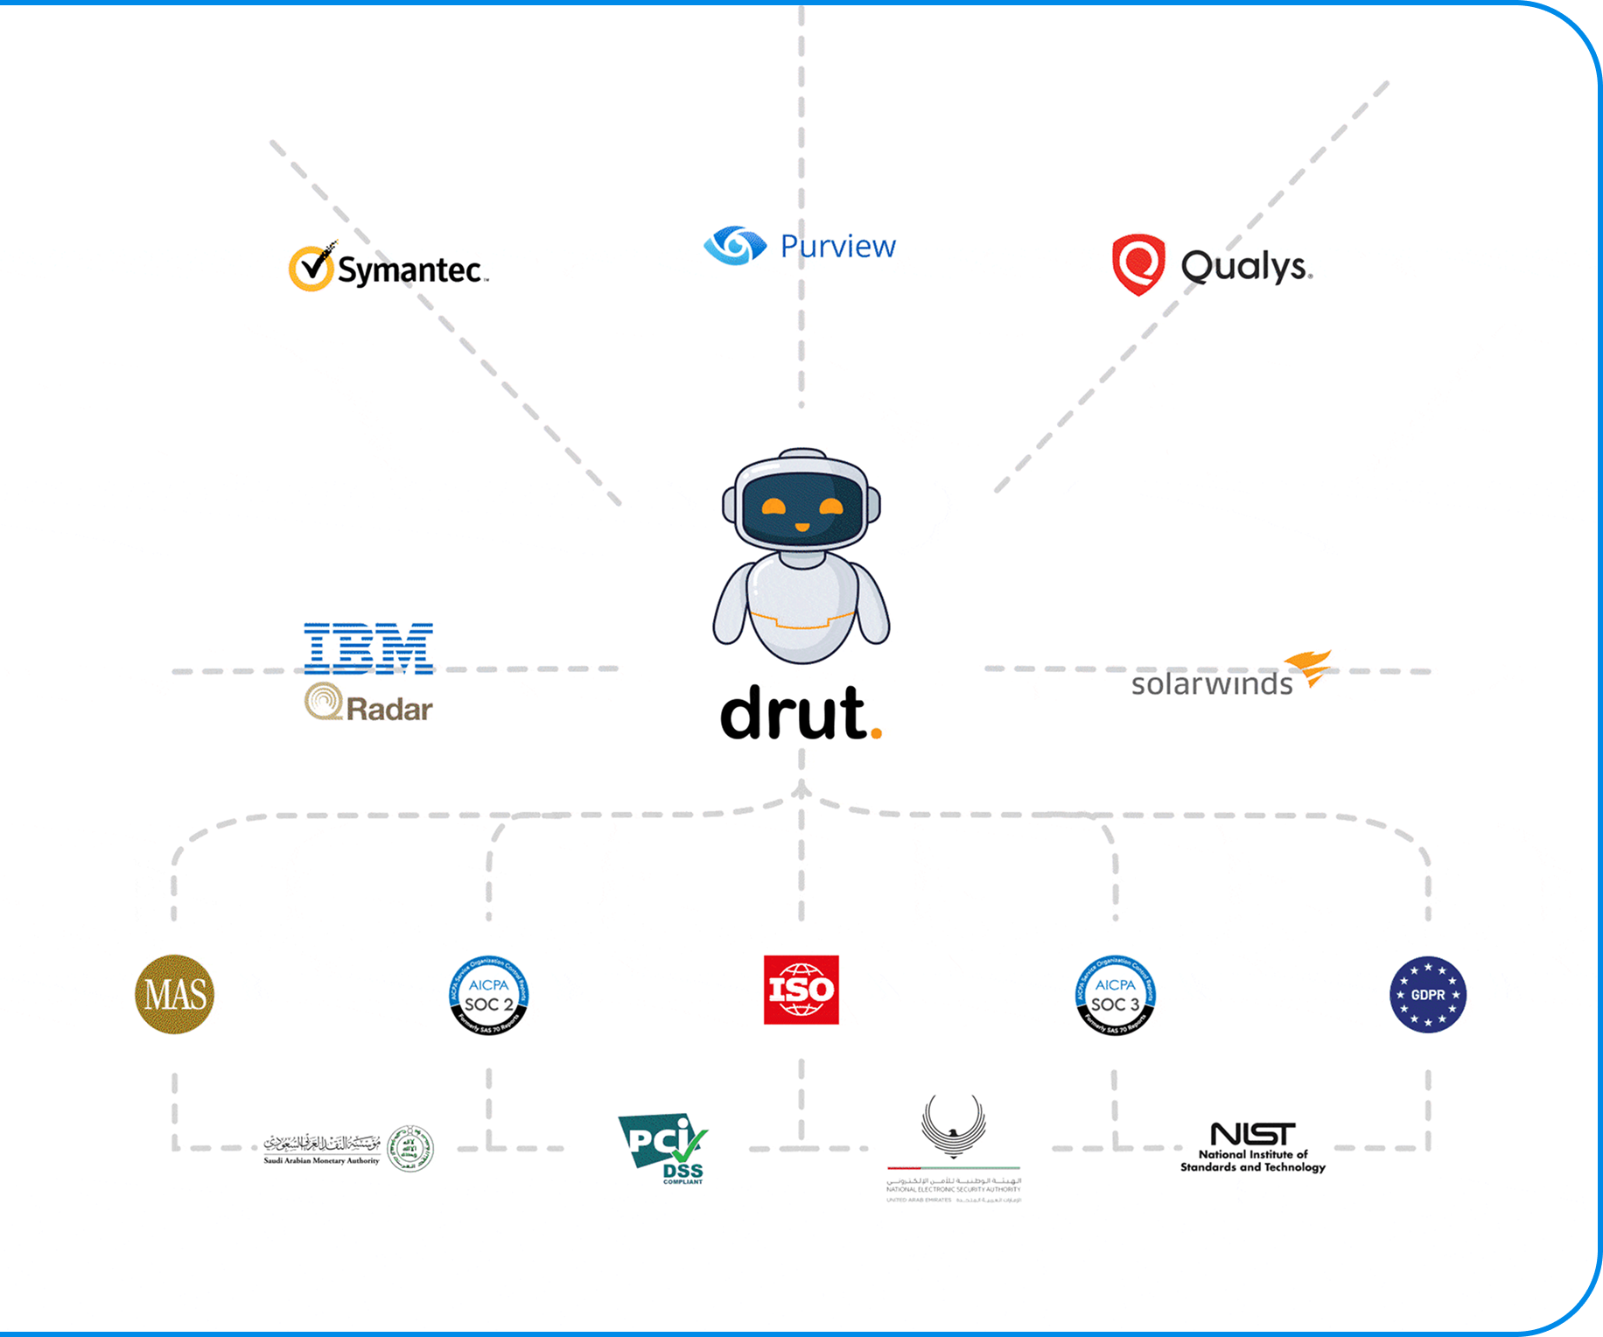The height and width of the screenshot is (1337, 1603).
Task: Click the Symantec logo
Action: coord(388,267)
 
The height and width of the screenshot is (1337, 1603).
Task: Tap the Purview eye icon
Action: coord(735,246)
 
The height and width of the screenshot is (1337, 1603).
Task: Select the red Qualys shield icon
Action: coord(1138,264)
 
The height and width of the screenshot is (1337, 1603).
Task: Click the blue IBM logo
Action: coord(368,648)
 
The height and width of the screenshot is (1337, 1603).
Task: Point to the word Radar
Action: coord(389,709)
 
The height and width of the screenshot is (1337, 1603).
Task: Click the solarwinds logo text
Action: coord(1212,683)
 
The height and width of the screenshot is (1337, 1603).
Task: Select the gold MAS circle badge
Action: coord(175,994)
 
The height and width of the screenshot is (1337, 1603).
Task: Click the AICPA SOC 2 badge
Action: coord(489,995)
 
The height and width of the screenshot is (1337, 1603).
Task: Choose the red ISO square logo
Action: coord(801,990)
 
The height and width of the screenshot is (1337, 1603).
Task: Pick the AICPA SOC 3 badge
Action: coord(1116,995)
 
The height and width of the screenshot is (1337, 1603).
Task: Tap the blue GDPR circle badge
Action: coord(1428,995)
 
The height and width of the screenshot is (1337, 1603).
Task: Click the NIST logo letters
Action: coord(1253,1134)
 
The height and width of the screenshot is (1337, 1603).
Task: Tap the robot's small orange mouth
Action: coord(801,527)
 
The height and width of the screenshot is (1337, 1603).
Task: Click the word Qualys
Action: coord(1246,265)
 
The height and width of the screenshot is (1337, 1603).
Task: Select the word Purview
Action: coord(837,247)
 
